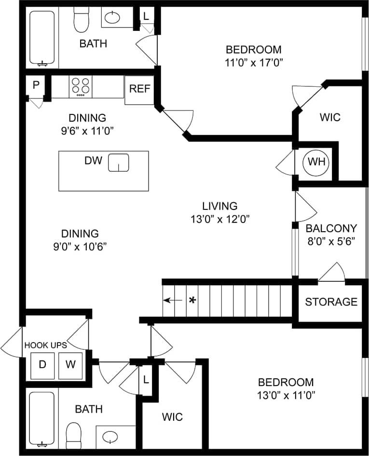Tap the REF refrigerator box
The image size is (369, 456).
click(x=139, y=89)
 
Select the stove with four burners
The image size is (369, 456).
click(x=81, y=87)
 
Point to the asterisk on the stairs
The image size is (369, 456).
click(x=192, y=300)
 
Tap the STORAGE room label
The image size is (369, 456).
click(x=331, y=302)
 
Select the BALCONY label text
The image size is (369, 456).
click(x=331, y=228)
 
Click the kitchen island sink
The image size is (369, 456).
click(x=118, y=163)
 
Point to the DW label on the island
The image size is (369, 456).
click(x=93, y=161)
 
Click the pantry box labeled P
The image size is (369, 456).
click(x=36, y=85)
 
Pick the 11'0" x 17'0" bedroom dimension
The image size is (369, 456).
click(x=254, y=62)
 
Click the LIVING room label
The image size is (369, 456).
click(x=219, y=206)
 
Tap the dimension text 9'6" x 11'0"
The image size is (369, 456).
click(x=87, y=130)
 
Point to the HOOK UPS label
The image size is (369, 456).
click(x=45, y=345)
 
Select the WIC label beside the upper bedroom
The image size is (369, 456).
click(x=330, y=117)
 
